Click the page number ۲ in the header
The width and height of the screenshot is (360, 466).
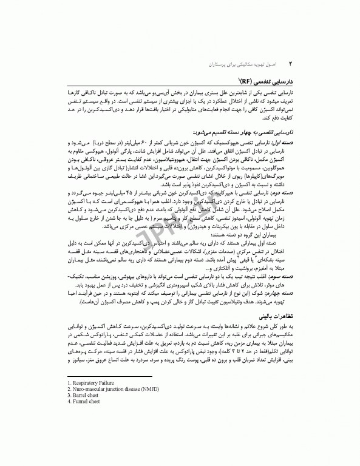pos(291,62)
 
